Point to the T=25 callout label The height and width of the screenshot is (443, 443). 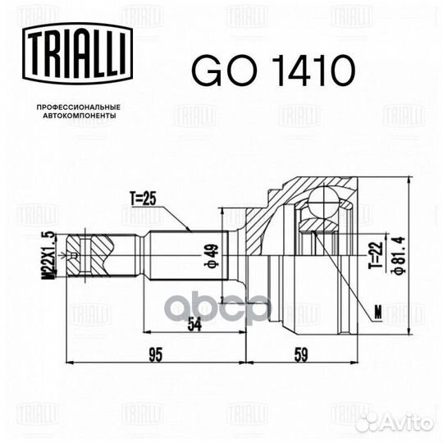[142, 198]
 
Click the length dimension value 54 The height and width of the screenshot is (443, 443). [195, 324]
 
